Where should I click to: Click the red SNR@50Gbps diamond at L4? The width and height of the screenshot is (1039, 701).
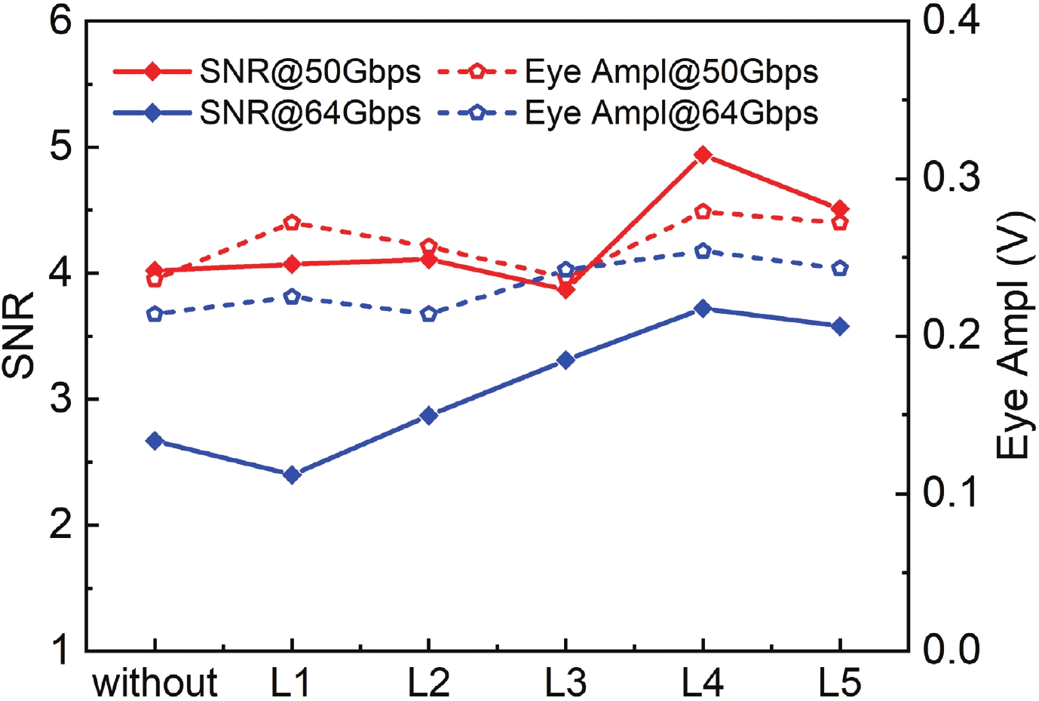(x=703, y=155)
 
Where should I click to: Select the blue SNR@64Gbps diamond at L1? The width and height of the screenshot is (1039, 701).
(x=292, y=475)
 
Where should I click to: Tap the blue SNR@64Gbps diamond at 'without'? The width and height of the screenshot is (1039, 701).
(x=155, y=441)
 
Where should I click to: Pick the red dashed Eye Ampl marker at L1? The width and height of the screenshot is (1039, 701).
(x=292, y=223)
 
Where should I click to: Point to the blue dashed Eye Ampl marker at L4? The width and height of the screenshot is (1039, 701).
(x=703, y=251)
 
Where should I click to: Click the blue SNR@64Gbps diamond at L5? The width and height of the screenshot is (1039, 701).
(x=840, y=327)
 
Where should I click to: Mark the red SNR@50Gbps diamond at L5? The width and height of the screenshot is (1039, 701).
(x=840, y=209)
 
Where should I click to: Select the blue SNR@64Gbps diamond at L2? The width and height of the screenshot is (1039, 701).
(x=429, y=415)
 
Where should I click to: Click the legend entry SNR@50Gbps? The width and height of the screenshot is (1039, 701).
(x=310, y=72)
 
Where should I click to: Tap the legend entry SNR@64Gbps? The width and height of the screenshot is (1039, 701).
(x=310, y=113)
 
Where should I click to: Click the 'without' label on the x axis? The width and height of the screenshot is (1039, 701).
(x=155, y=683)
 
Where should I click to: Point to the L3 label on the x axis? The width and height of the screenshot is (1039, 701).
(x=565, y=683)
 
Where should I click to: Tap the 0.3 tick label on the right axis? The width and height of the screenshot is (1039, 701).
(x=951, y=178)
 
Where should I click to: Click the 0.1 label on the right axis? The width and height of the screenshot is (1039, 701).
(x=951, y=493)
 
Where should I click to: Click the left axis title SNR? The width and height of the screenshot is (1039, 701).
(x=20, y=335)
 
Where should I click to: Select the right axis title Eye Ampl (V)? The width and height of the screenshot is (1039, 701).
(x=1014, y=335)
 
